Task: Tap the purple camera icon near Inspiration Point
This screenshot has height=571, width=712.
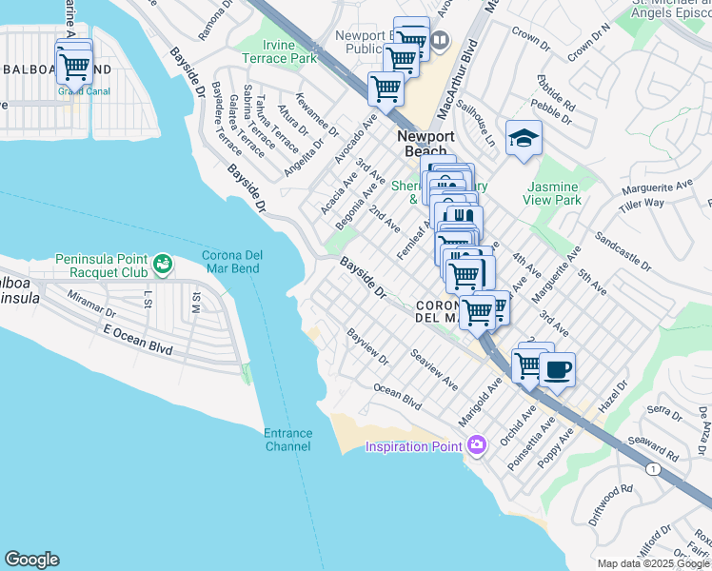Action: (476, 444)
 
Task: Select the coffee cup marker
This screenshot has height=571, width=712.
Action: (557, 369)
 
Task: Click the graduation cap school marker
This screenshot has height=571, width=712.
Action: (523, 140)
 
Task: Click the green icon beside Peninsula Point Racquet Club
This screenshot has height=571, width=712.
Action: (162, 261)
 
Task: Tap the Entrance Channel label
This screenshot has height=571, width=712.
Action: (287, 440)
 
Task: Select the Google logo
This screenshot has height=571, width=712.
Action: (31, 560)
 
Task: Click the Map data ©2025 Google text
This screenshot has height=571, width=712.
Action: (653, 563)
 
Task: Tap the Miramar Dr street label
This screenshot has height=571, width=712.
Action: (91, 304)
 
